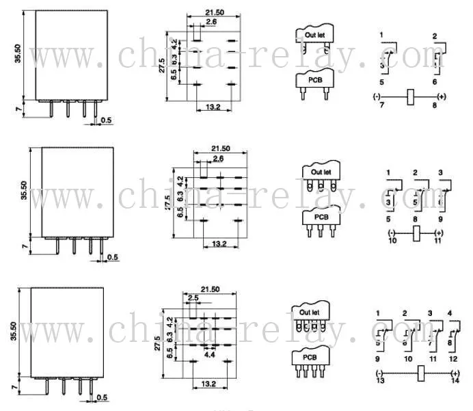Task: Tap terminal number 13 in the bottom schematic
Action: pos(379,381)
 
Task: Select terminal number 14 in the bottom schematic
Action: pos(455,381)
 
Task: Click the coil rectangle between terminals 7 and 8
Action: pos(411,97)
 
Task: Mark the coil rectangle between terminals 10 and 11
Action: pos(415,234)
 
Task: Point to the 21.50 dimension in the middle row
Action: pos(220,148)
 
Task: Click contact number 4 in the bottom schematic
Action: pos(449,313)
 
